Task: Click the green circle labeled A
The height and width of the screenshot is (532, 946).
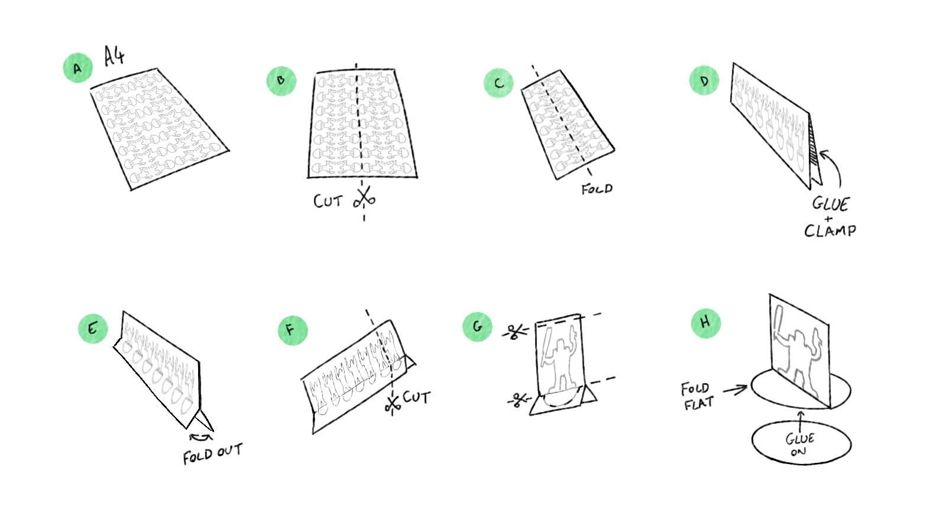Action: pyautogui.click(x=77, y=67)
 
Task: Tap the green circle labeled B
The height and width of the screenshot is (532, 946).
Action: pyautogui.click(x=281, y=80)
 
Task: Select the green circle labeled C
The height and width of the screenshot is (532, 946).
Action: pyautogui.click(x=498, y=82)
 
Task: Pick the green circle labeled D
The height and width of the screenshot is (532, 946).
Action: pyautogui.click(x=704, y=80)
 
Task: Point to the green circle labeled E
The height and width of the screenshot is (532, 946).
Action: pyautogui.click(x=93, y=329)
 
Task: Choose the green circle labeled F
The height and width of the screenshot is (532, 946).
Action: pyautogui.click(x=292, y=330)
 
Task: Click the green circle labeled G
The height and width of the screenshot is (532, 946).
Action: pyautogui.click(x=477, y=326)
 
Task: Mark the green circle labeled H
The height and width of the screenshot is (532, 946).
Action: pyautogui.click(x=706, y=323)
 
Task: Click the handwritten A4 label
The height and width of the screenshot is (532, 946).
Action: pyautogui.click(x=114, y=56)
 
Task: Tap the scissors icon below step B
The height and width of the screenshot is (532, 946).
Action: pyautogui.click(x=364, y=197)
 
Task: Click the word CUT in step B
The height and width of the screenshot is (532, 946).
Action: pyautogui.click(x=328, y=202)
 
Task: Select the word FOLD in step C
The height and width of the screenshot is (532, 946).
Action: pyautogui.click(x=597, y=189)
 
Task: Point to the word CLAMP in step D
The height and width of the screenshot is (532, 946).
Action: pyautogui.click(x=830, y=231)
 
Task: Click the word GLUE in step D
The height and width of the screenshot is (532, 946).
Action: pyautogui.click(x=830, y=204)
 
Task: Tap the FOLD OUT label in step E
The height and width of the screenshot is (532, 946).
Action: pyautogui.click(x=213, y=453)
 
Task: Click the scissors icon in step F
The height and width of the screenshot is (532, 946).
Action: pyautogui.click(x=393, y=404)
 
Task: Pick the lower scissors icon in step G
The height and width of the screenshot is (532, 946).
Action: pyautogui.click(x=519, y=400)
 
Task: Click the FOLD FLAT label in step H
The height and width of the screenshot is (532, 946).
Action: pyautogui.click(x=698, y=396)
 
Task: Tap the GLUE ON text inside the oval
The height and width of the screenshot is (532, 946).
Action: pyautogui.click(x=799, y=445)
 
